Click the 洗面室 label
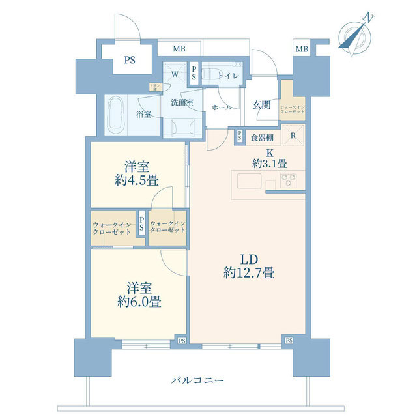(x=182, y=102)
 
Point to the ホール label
(x=222, y=108)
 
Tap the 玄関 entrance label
(x=262, y=104)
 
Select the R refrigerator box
(x=293, y=137)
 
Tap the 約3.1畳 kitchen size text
(x=269, y=164)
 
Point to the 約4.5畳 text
(x=136, y=179)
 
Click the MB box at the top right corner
(x=301, y=49)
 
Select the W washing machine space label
(x=175, y=74)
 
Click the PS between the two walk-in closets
(x=141, y=223)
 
